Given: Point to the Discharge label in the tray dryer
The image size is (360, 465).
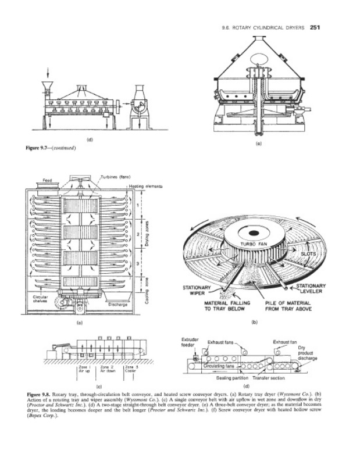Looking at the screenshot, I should tap(117, 303).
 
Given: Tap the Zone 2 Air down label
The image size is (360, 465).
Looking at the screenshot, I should tap(107, 369).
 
